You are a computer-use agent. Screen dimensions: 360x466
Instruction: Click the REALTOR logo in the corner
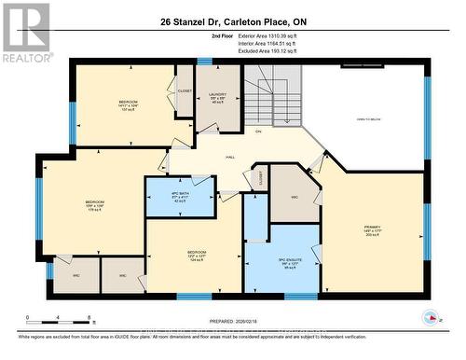(25, 33)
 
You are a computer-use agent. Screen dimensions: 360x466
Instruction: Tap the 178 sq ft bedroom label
(95, 204)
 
